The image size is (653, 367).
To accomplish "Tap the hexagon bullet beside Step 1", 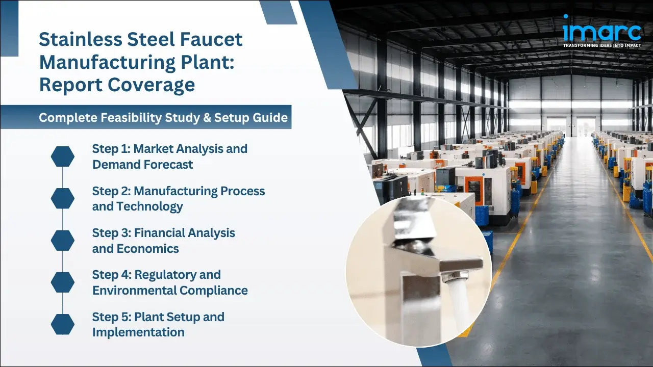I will [x=63, y=156].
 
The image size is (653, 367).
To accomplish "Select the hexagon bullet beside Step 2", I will [x=63, y=198].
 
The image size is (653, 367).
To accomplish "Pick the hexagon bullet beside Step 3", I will [x=63, y=241].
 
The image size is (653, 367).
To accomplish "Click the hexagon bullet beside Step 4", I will [x=63, y=282].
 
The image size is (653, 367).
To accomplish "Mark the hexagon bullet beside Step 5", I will [x=63, y=324].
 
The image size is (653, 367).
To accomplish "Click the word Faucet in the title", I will [x=210, y=40].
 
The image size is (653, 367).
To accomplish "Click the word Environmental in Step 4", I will [x=134, y=290].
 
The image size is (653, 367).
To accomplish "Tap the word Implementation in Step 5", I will [x=138, y=332].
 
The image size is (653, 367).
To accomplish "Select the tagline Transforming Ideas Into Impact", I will [x=602, y=45].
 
